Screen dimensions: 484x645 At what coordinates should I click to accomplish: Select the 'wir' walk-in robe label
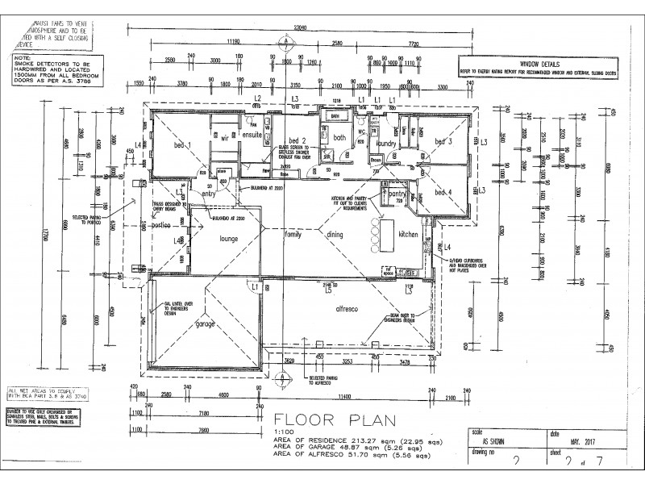226,138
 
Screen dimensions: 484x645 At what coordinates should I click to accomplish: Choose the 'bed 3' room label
444,141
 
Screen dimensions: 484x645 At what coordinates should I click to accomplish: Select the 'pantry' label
397,194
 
